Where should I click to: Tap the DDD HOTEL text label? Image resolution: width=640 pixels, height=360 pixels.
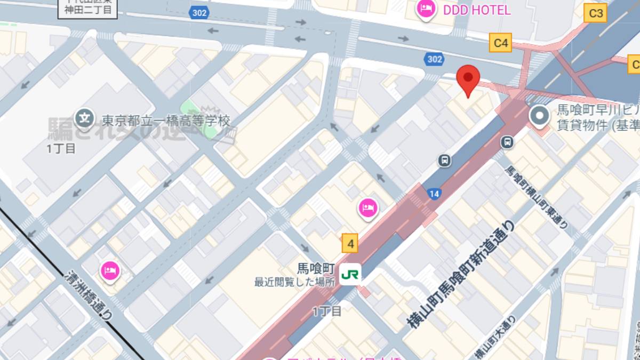pyautogui.click(x=477, y=10)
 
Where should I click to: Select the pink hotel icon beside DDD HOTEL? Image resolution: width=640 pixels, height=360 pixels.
pyautogui.click(x=426, y=9)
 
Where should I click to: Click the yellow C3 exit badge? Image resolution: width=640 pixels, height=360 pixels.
pyautogui.click(x=596, y=13)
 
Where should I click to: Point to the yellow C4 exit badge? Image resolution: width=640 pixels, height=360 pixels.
pyautogui.click(x=501, y=43)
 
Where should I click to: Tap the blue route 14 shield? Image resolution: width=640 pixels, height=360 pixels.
pyautogui.click(x=434, y=194)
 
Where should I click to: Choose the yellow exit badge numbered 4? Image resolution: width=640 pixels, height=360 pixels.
pyautogui.click(x=350, y=244)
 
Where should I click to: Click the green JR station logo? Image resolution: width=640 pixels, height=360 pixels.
pyautogui.click(x=350, y=274)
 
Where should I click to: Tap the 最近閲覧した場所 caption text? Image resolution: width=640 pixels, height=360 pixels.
pyautogui.click(x=294, y=282)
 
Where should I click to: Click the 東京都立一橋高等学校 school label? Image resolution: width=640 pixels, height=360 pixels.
pyautogui.click(x=166, y=121)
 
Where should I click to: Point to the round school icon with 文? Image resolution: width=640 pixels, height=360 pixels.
pyautogui.click(x=84, y=118)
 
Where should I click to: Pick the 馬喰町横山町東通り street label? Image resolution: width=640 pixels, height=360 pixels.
pyautogui.click(x=536, y=197)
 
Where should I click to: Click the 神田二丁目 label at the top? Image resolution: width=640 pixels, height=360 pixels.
pyautogui.click(x=89, y=10)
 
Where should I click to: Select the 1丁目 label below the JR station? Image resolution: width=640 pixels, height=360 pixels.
pyautogui.click(x=327, y=311)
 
